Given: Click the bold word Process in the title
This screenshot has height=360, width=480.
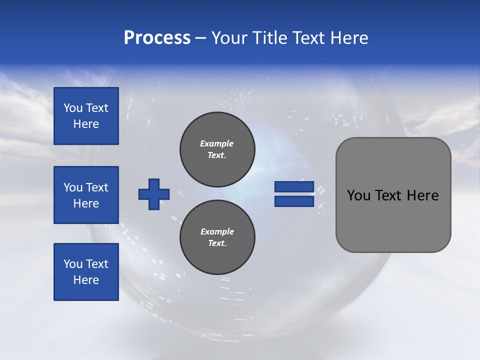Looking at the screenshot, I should click(157, 38).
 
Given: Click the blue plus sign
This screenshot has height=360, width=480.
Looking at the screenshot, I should click(154, 194).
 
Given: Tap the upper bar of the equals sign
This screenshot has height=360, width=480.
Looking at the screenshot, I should click(294, 187).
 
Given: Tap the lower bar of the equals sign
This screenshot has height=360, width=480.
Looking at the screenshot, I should click(294, 201).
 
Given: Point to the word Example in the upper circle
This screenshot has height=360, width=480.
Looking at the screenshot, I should click(216, 143).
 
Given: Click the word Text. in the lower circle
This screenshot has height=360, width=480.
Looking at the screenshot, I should click(217, 243).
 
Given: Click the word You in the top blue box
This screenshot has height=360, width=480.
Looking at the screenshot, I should click(73, 108).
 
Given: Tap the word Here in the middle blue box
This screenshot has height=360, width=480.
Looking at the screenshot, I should click(86, 203).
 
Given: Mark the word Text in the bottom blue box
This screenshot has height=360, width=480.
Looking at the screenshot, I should click(96, 264).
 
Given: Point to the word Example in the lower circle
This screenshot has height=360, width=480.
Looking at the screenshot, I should click(217, 231).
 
